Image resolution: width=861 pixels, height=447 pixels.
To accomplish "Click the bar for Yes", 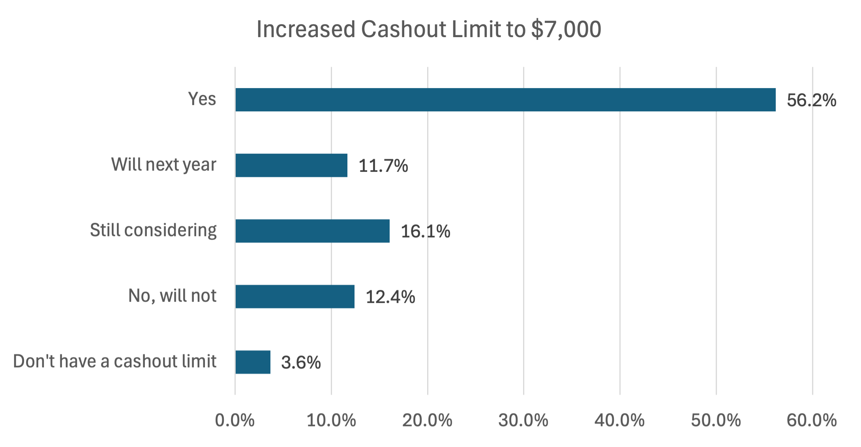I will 505,100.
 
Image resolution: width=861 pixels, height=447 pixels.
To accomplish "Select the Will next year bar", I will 291,165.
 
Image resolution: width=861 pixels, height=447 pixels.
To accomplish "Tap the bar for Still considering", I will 312,231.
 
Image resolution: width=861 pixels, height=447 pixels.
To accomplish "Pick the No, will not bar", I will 295,296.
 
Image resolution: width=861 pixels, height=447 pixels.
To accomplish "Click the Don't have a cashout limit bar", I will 253,362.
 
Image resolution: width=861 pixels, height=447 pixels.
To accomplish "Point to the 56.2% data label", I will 811,100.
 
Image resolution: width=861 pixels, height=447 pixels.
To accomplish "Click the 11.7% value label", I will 383,166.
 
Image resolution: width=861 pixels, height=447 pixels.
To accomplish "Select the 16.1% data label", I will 425,231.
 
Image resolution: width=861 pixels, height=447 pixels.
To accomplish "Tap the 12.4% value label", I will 390,297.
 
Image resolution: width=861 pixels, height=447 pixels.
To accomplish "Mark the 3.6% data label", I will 301,362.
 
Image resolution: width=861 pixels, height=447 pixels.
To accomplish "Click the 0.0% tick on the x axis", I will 234,421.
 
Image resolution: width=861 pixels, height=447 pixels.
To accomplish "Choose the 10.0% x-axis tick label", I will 331,421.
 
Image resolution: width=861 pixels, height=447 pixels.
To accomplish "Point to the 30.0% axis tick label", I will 523,421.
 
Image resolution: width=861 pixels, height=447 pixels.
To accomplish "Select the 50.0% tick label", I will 716,421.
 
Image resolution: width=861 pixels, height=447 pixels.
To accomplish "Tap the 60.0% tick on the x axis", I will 812,421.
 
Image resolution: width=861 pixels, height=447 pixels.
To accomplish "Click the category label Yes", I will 202,99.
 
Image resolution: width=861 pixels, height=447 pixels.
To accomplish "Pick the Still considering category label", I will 153,230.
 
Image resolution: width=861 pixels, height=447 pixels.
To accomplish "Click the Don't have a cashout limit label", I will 114,361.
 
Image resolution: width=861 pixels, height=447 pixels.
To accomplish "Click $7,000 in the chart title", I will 566,29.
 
